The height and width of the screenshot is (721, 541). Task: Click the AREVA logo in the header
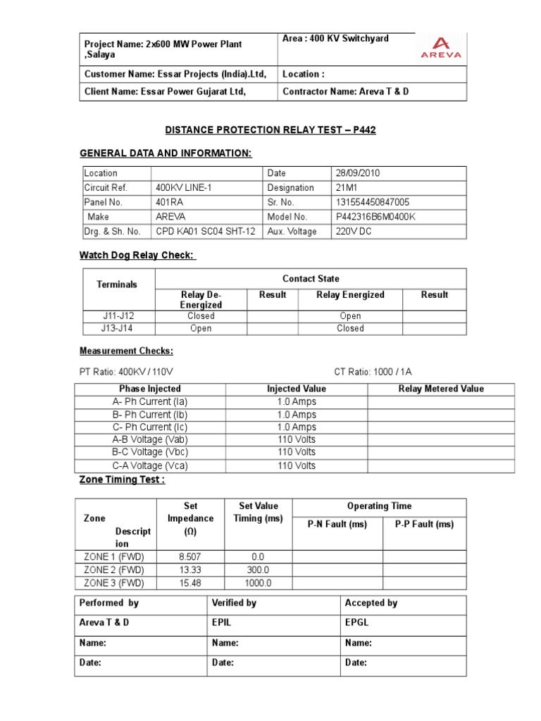(441, 47)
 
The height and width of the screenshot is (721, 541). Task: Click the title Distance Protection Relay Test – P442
(266, 130)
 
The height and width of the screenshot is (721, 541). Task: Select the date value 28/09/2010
(359, 173)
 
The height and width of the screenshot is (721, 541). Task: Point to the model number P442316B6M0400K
(375, 217)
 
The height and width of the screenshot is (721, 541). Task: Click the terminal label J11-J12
(117, 316)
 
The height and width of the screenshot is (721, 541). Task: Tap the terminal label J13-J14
(117, 328)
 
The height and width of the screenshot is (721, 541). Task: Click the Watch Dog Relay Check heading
(137, 255)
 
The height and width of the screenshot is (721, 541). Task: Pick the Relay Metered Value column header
(441, 389)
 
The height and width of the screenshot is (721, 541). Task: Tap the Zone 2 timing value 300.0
(257, 570)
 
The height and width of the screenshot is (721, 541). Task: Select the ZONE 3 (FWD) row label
(113, 583)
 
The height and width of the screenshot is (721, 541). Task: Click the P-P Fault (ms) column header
(424, 524)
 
